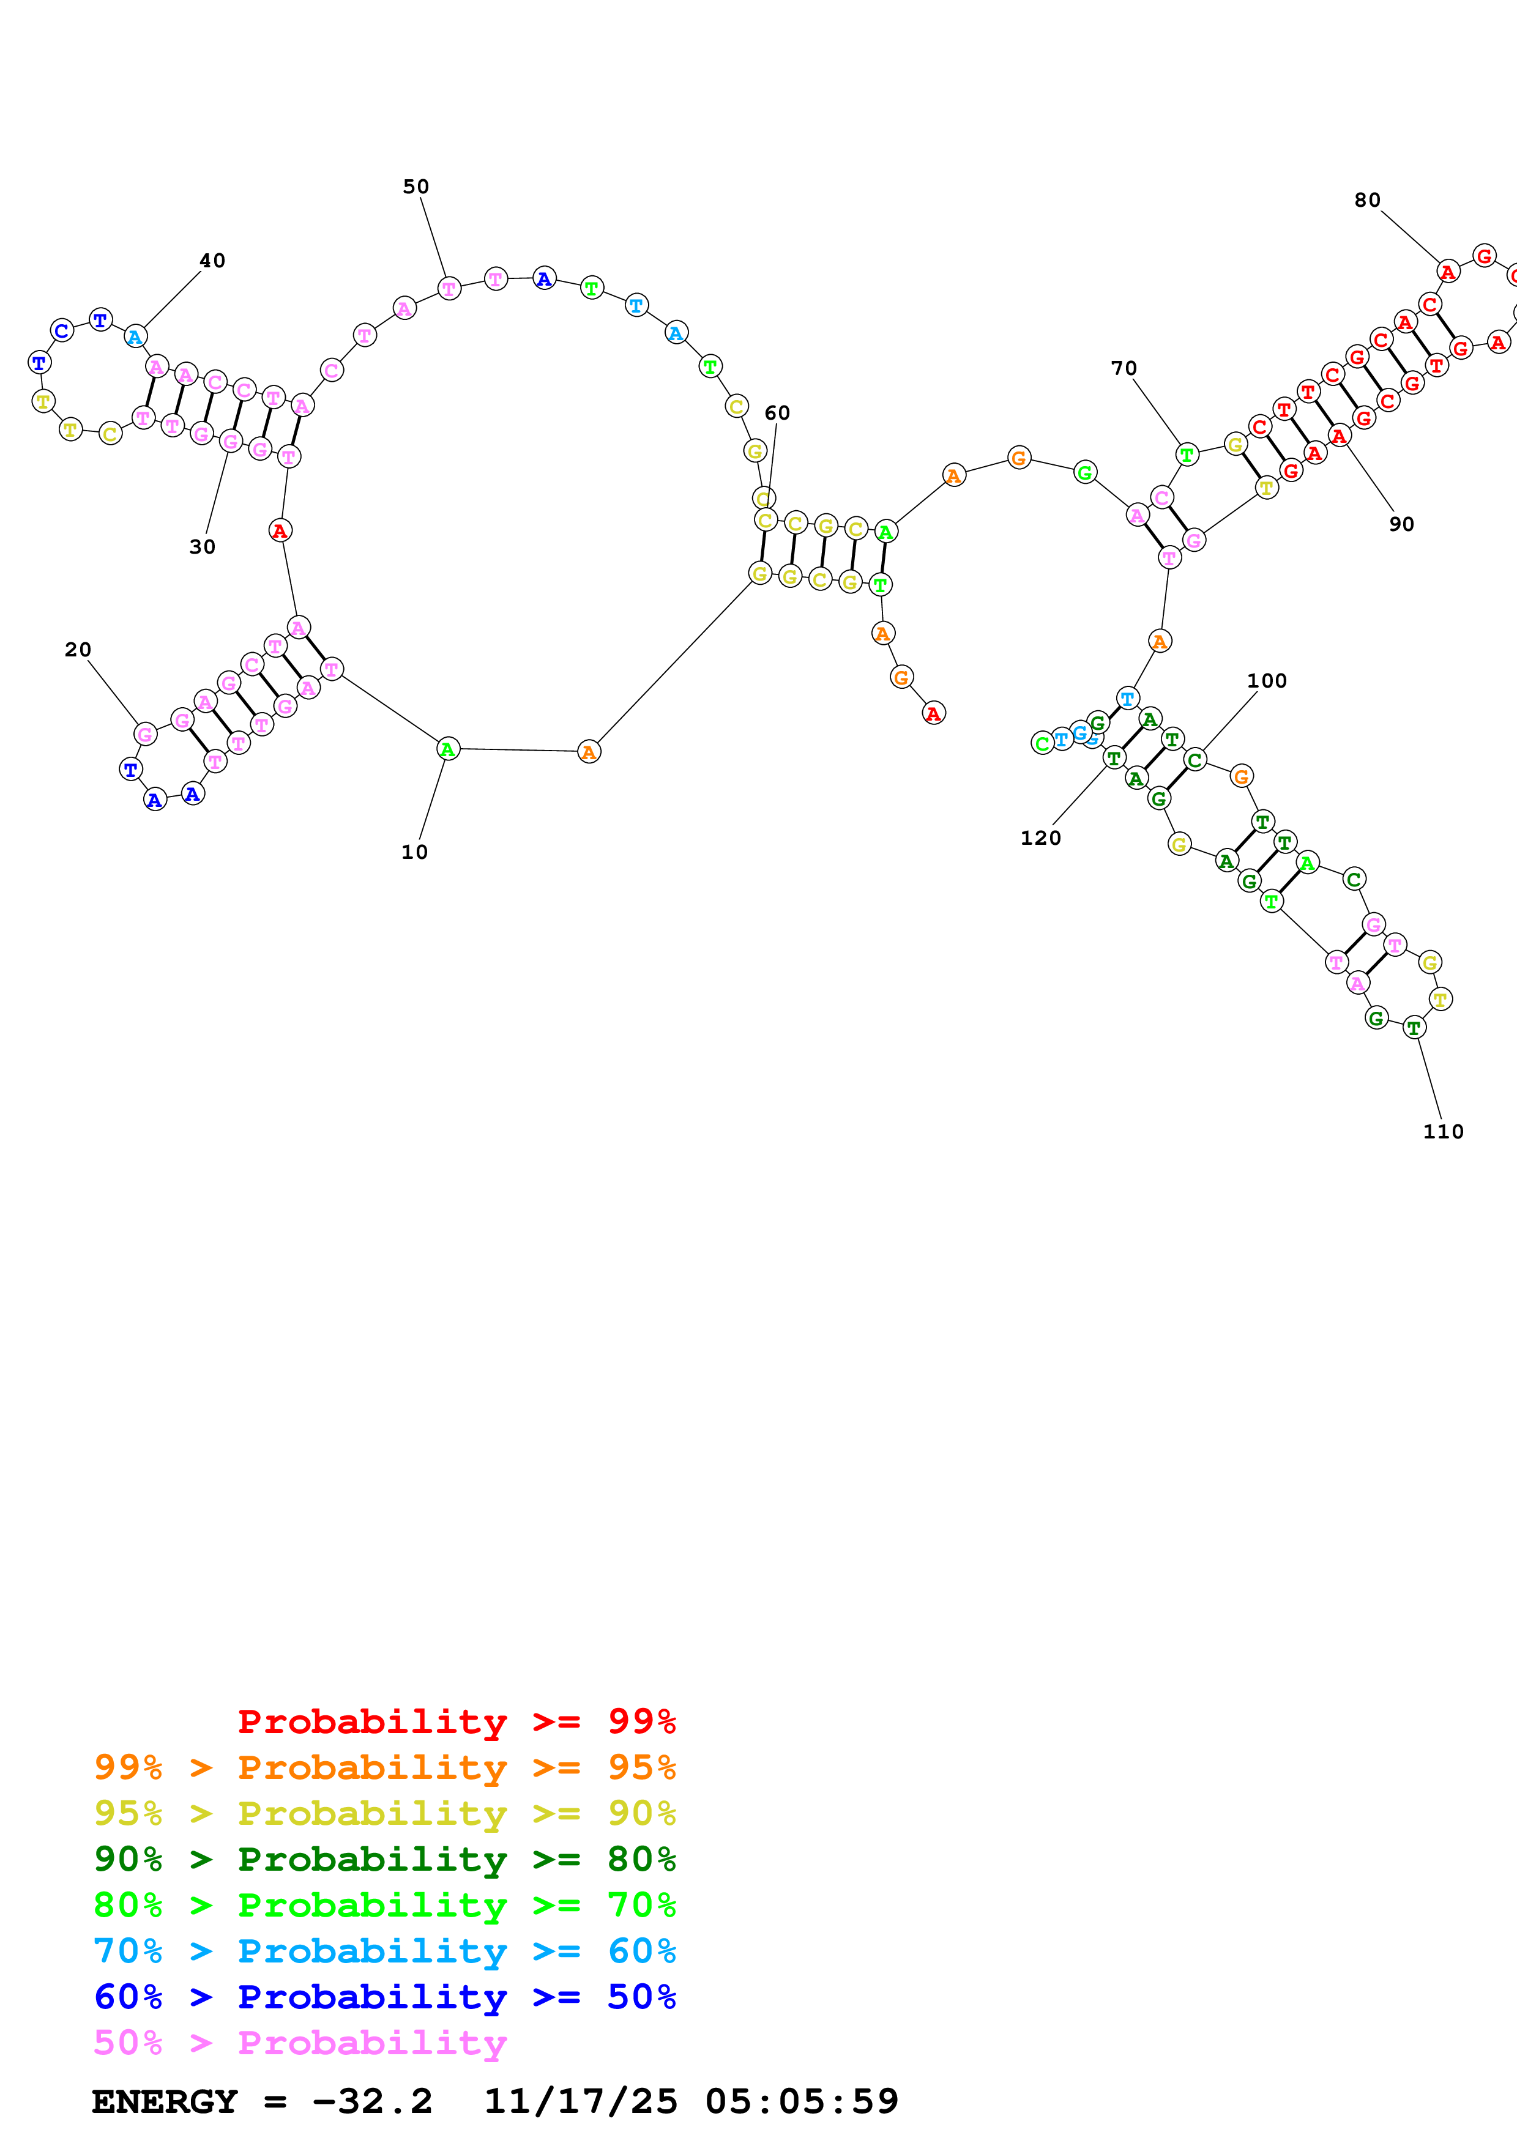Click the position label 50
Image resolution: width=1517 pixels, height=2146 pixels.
[x=416, y=187]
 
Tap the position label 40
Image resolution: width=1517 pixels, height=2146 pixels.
[x=212, y=261]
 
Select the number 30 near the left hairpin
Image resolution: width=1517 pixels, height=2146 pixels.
[x=202, y=547]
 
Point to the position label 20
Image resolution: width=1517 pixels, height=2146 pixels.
[x=78, y=650]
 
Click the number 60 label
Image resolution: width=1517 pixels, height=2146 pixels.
[x=777, y=413]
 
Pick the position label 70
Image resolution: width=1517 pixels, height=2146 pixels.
[x=1124, y=368]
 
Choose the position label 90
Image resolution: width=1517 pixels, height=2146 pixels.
[x=1401, y=524]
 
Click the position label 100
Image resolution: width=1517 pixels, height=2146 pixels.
[x=1267, y=680]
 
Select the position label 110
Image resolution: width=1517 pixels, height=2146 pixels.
[x=1442, y=1131]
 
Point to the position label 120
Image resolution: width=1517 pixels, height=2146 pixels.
[x=1040, y=837]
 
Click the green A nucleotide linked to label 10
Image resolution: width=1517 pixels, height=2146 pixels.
[x=448, y=749]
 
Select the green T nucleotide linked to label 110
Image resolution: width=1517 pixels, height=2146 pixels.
[x=1414, y=1027]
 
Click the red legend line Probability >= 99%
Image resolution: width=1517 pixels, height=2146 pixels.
[x=456, y=1721]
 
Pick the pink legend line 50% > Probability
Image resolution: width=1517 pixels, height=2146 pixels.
[x=299, y=2041]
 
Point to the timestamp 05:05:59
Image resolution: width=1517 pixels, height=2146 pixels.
[x=801, y=2101]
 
